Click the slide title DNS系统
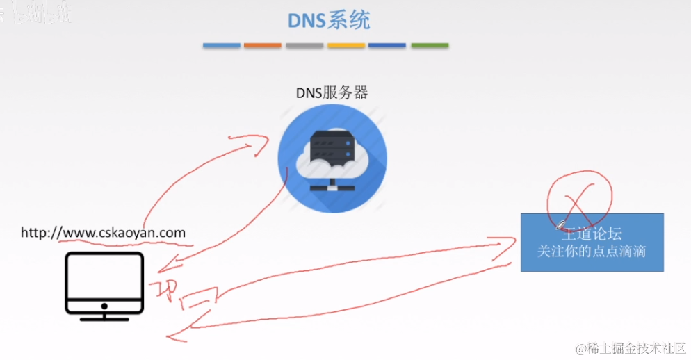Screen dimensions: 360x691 (x=329, y=20)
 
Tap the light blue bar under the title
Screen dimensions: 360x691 (x=221, y=46)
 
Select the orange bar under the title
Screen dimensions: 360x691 (x=263, y=46)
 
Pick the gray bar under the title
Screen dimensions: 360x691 (x=304, y=46)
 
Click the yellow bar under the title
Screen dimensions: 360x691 (x=345, y=46)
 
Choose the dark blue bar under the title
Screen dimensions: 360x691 (x=387, y=46)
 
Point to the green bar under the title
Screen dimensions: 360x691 (x=429, y=46)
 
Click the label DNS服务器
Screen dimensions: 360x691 (x=332, y=93)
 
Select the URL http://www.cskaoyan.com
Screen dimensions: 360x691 (x=104, y=232)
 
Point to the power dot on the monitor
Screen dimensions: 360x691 (x=104, y=306)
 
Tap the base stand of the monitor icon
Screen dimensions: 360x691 (x=104, y=318)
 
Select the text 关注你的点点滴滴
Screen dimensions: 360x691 (x=592, y=251)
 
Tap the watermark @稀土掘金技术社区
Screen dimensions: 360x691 (x=630, y=347)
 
